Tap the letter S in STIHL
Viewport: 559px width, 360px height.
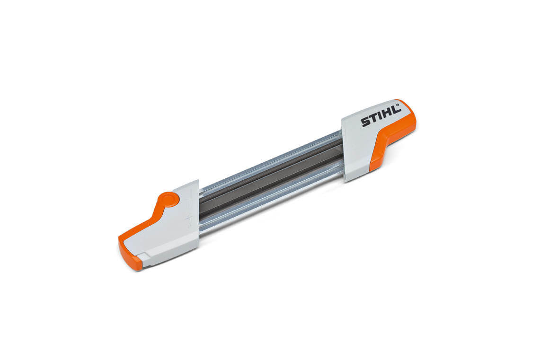(x=365, y=122)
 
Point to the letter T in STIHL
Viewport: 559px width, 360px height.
(x=374, y=118)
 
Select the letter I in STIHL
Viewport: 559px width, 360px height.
(x=381, y=116)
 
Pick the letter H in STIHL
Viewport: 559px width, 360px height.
(x=388, y=114)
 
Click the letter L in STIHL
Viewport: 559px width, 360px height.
(x=396, y=110)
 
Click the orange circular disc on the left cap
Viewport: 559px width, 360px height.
(x=168, y=199)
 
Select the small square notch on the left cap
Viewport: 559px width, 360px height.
(x=144, y=257)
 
